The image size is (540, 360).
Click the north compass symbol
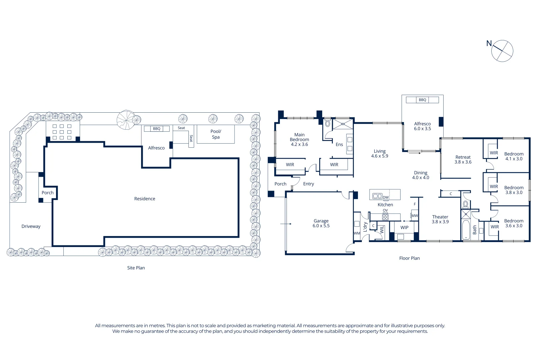(502, 51)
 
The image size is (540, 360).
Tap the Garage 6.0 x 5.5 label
(321, 223)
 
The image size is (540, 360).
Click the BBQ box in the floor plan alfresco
(422, 100)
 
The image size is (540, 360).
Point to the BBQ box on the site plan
(156, 128)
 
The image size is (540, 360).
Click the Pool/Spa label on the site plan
(216, 134)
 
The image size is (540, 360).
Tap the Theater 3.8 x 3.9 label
(440, 219)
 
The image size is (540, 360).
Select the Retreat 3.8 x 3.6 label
(463, 159)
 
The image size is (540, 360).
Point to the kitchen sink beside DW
(377, 196)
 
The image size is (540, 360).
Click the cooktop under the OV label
(385, 217)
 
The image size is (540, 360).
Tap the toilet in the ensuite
(328, 123)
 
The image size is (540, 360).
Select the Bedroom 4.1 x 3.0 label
(514, 156)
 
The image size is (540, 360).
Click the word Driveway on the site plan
(31, 226)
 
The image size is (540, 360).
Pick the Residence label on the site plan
(144, 199)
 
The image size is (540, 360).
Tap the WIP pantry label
(404, 227)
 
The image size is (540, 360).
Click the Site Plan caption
(136, 268)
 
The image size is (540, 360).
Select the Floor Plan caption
(409, 258)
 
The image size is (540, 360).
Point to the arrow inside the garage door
(286, 224)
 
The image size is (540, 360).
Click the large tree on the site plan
(126, 120)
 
